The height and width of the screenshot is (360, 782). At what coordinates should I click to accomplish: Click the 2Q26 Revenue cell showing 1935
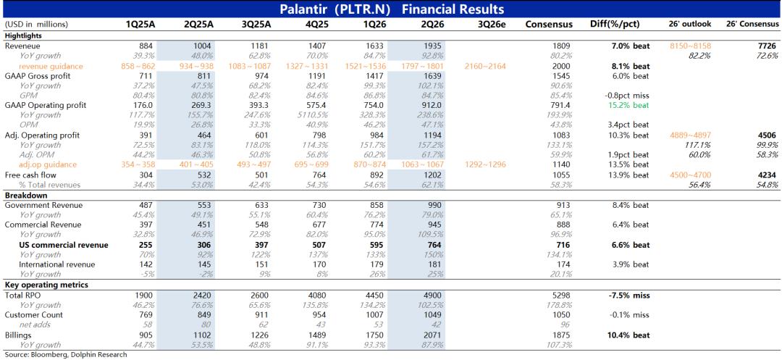tap(432, 46)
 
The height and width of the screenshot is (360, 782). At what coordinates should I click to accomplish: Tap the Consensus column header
tap(549, 24)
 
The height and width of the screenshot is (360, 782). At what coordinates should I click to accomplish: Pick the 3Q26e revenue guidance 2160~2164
tap(484, 66)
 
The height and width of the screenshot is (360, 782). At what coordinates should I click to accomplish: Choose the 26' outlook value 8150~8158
tap(691, 46)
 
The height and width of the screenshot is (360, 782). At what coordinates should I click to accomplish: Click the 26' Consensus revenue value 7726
tap(767, 46)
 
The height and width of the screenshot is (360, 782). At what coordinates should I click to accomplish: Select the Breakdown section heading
tap(22, 195)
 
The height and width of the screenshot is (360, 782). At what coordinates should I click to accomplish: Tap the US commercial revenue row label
tap(63, 245)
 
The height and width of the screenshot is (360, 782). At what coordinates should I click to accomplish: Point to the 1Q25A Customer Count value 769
tap(148, 315)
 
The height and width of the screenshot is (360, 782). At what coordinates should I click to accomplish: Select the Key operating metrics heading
tap(46, 285)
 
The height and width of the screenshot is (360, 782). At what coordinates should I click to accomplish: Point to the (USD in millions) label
tap(36, 24)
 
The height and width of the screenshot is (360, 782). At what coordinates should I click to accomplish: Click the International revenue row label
tap(57, 265)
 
